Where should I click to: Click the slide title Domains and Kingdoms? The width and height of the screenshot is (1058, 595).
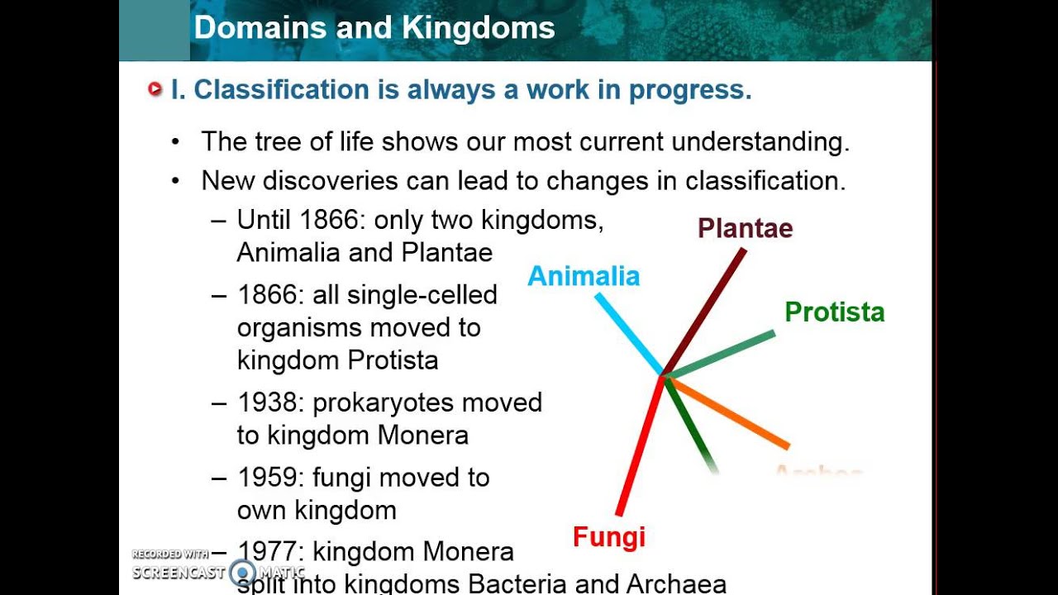[374, 28]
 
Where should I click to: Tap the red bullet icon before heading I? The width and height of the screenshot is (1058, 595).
[155, 89]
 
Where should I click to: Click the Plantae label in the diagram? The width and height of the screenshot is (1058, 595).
[745, 228]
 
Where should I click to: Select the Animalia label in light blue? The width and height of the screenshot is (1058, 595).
[584, 276]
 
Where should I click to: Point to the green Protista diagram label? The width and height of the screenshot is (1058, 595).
[834, 312]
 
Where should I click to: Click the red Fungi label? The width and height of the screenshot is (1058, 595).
[608, 537]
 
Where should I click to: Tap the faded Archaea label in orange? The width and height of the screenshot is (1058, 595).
[818, 473]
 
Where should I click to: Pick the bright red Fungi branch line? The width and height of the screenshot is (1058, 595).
[641, 446]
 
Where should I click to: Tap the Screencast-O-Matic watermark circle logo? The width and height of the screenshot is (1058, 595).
[243, 572]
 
